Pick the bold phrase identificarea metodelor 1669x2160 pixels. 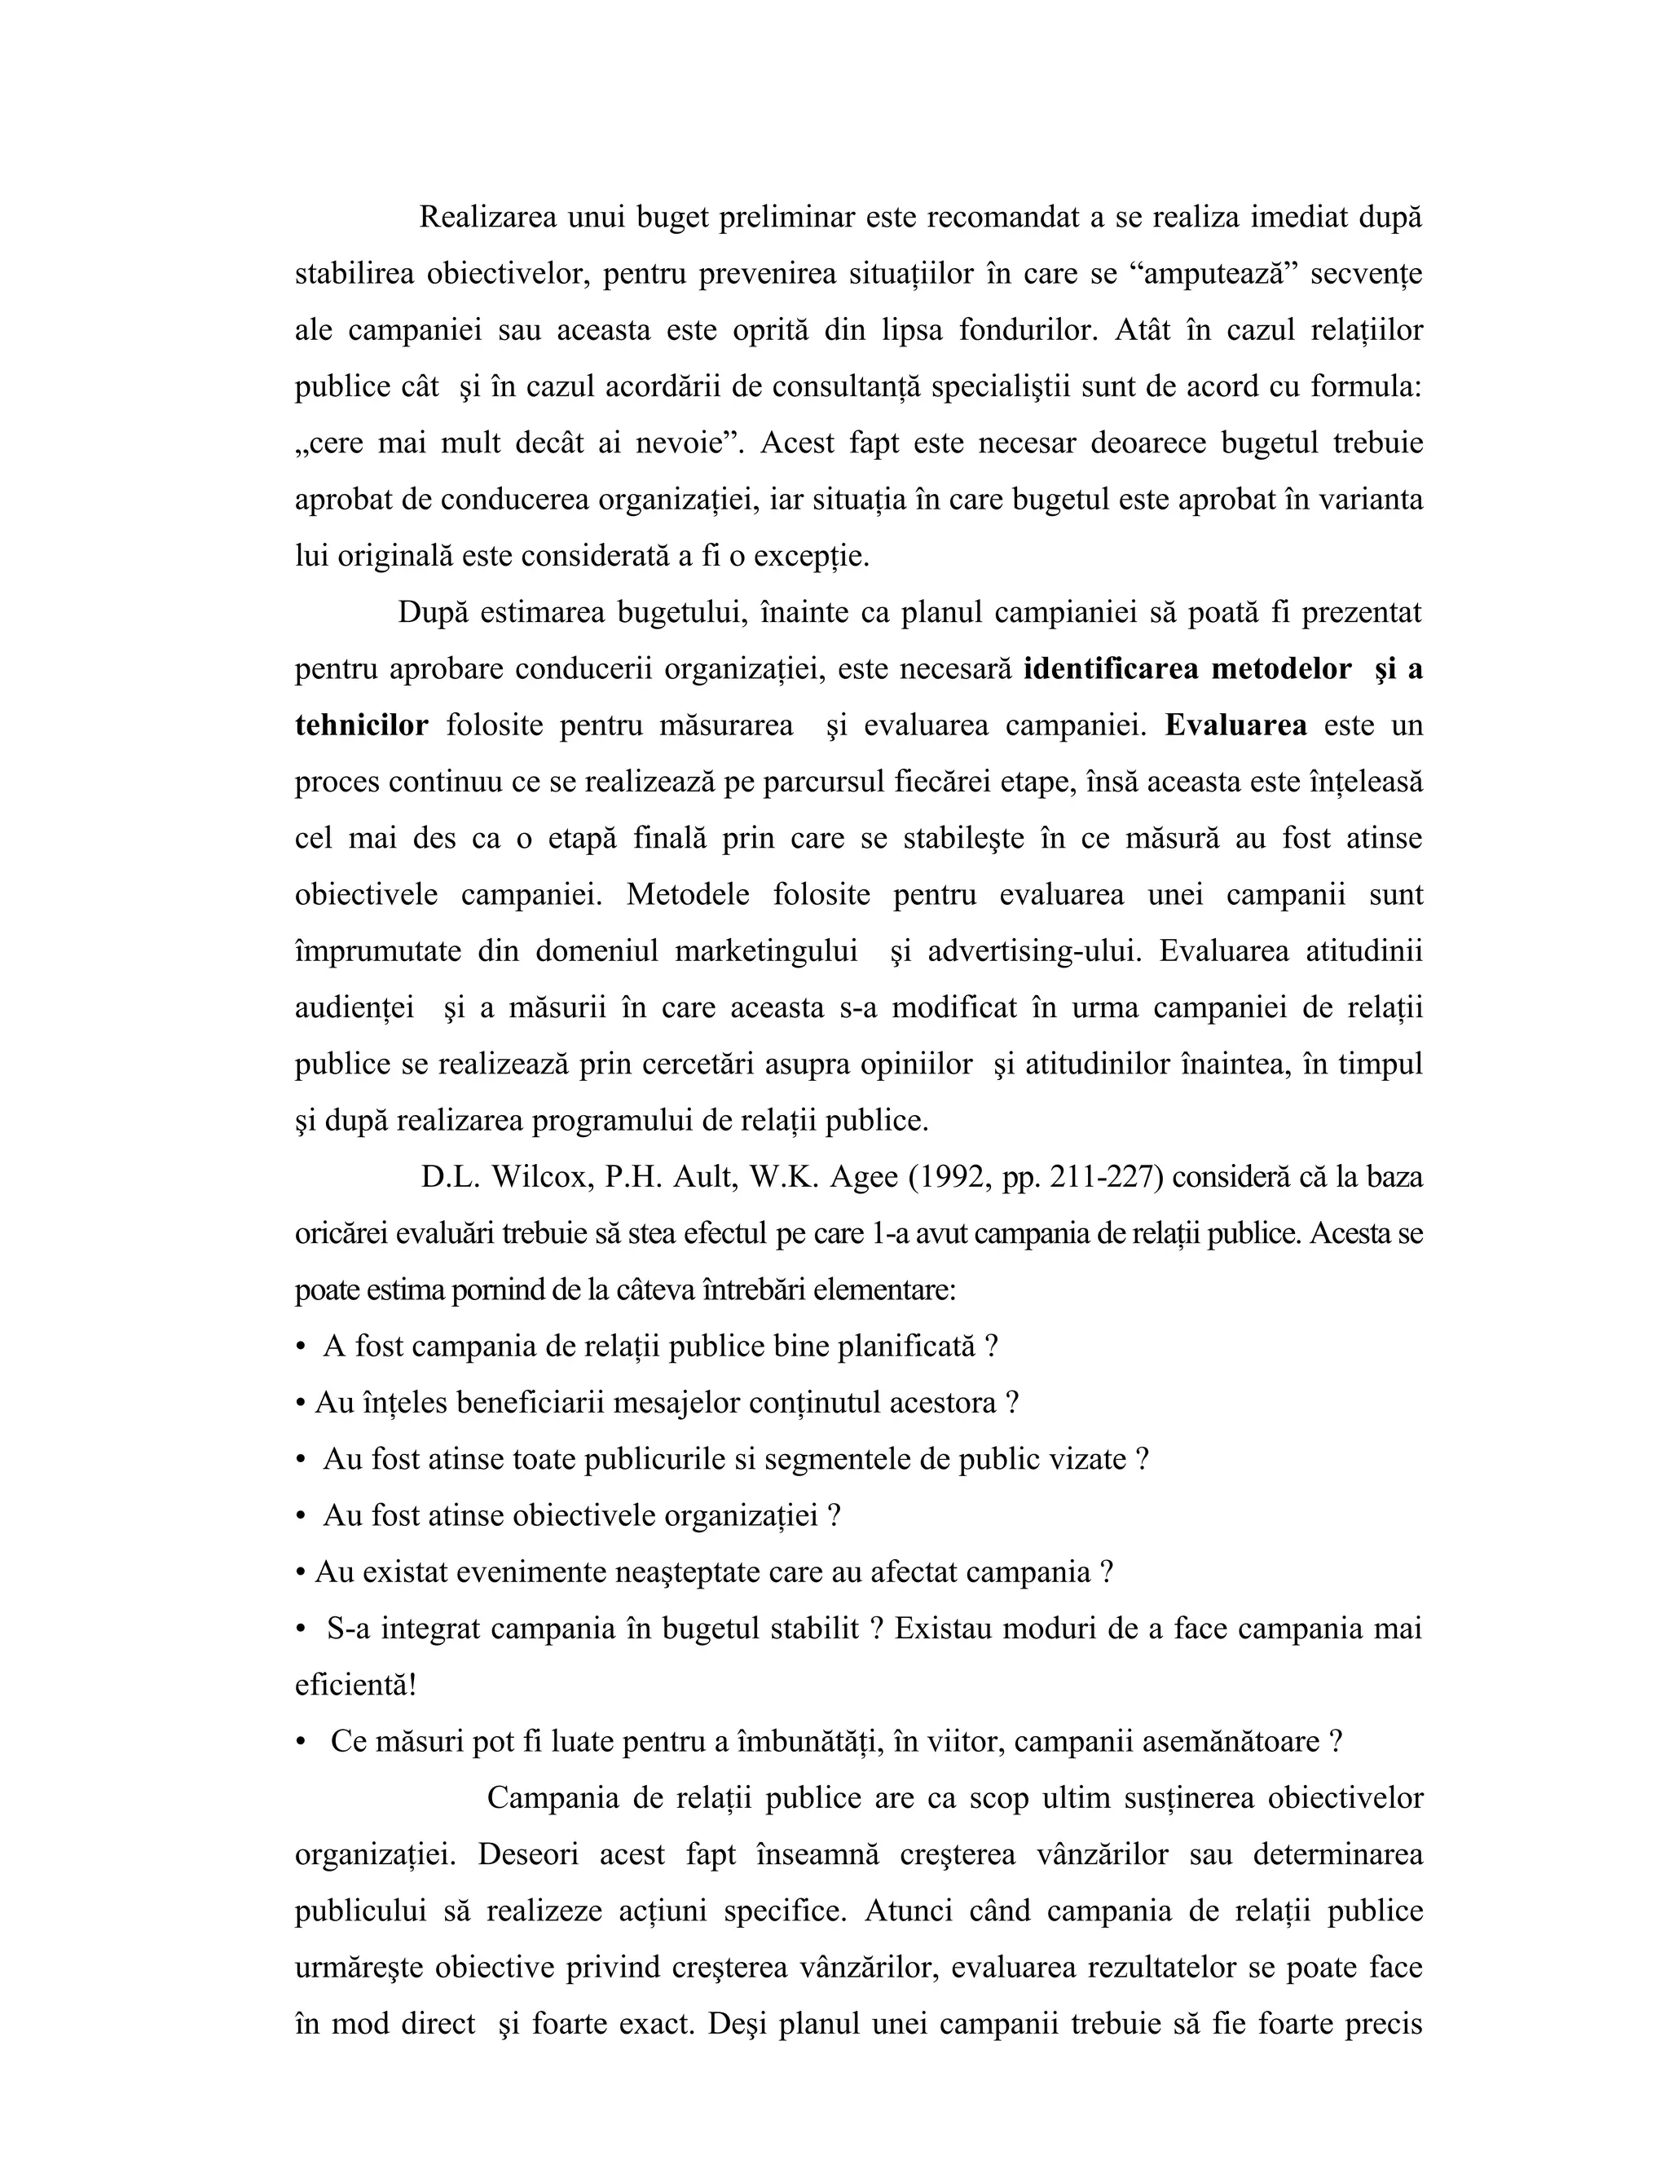1187,668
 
